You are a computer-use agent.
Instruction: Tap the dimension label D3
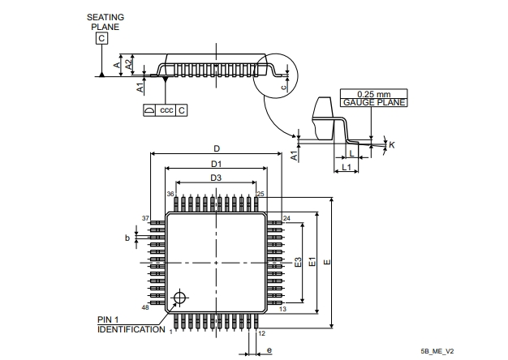[217, 178]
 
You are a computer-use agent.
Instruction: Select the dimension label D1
[217, 163]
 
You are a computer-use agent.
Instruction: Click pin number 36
[170, 195]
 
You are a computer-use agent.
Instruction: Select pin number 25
[261, 195]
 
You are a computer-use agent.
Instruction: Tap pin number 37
[146, 219]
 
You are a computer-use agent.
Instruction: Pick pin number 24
[286, 219]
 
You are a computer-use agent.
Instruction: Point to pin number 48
[146, 309]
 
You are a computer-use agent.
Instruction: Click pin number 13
[283, 309]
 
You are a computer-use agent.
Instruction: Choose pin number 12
[261, 333]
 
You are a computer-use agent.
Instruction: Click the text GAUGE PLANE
[372, 103]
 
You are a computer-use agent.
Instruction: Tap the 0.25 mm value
[372, 94]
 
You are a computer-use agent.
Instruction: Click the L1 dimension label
[345, 167]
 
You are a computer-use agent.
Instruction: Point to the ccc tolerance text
[166, 109]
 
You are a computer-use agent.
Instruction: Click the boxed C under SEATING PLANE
[101, 38]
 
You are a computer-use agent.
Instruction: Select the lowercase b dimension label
[127, 238]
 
